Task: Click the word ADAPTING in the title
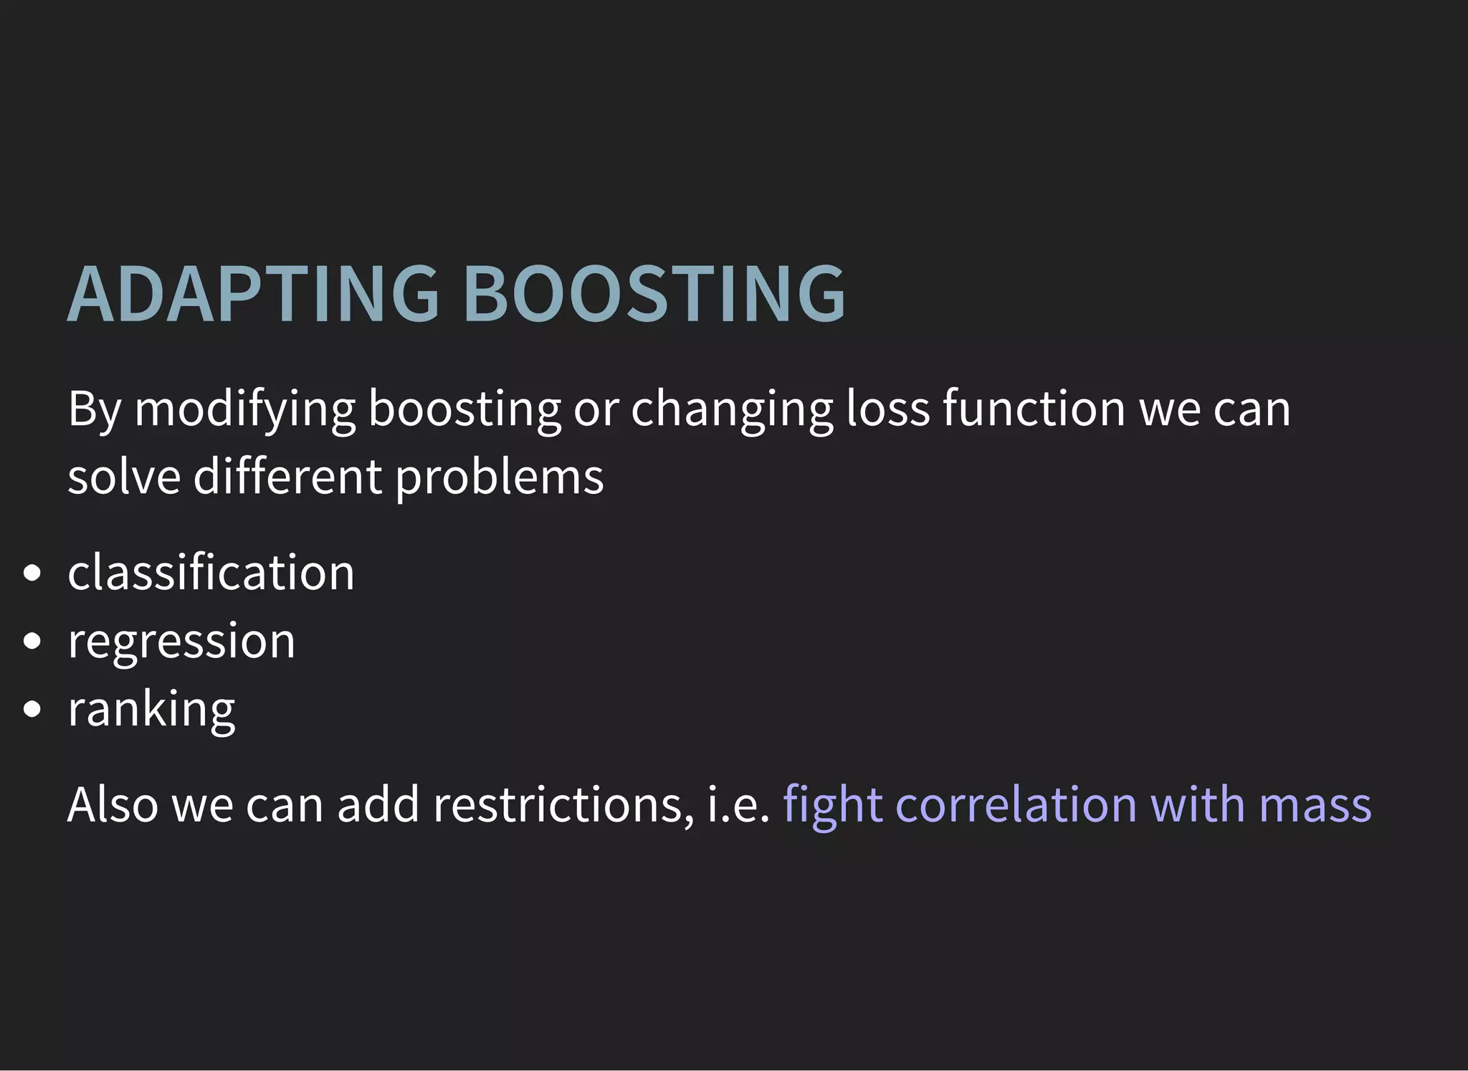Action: click(x=252, y=294)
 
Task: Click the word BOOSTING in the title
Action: click(x=654, y=294)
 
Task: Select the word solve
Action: click(x=124, y=477)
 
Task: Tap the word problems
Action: click(x=500, y=477)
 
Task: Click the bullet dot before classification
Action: click(x=32, y=573)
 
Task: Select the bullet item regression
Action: click(x=181, y=641)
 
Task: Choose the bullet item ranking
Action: click(x=151, y=709)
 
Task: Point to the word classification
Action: click(x=211, y=573)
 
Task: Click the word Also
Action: click(x=113, y=804)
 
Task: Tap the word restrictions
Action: click(x=563, y=804)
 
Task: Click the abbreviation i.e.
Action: click(x=738, y=804)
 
